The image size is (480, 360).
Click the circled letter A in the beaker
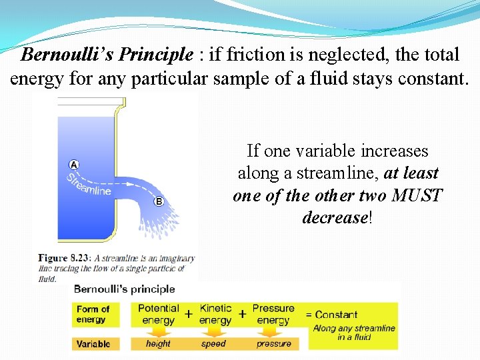coord(74,165)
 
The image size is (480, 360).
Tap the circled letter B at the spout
coord(159,202)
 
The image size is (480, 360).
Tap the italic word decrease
coord(334,217)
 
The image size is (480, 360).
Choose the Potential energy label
coord(158,314)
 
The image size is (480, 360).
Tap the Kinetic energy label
coord(215,314)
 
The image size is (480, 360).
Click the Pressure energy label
coord(273,314)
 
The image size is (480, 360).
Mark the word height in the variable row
coord(158,344)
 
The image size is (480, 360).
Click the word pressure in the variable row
coord(273,344)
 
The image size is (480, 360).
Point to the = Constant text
coord(331,315)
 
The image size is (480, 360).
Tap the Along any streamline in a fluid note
coord(353,333)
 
